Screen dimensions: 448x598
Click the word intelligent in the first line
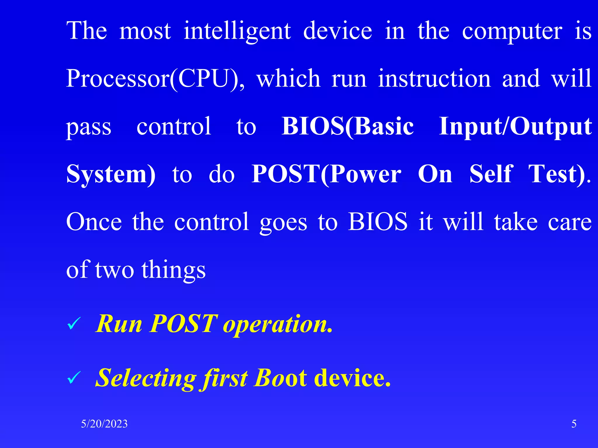coord(237,32)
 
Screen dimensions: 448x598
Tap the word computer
coord(512,32)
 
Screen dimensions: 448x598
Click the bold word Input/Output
coord(515,127)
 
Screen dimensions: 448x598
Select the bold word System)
coord(111,174)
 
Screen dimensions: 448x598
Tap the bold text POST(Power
coord(326,174)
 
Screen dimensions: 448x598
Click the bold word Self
coord(491,174)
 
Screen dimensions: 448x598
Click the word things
coord(174,270)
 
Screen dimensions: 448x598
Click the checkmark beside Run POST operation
coord(74,324)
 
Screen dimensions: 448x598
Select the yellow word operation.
coord(277,324)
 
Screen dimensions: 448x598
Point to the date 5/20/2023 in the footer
coord(104,424)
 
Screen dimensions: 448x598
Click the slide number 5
coord(574,424)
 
